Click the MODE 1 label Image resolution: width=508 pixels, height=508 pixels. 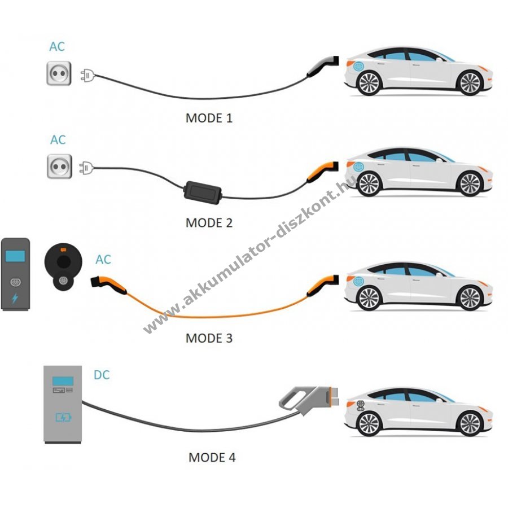[209, 119]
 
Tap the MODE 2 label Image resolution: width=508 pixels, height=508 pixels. [209, 223]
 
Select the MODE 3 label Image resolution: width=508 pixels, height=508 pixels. [209, 339]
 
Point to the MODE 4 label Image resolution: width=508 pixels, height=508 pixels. [212, 457]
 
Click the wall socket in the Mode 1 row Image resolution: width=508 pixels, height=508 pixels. [59, 73]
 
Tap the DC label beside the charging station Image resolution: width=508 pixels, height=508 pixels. [102, 375]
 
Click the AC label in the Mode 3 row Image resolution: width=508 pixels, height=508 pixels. [103, 260]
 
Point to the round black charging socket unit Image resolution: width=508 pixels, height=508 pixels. [63, 264]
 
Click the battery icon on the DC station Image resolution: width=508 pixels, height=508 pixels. [63, 418]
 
